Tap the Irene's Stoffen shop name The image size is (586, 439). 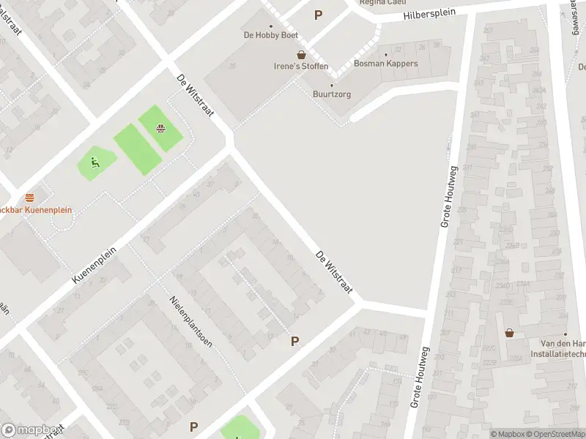click(301, 67)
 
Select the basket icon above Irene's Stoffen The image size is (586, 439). click(301, 55)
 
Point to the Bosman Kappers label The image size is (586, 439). click(385, 64)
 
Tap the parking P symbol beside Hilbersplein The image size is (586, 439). click(318, 15)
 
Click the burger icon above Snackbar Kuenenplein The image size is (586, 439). click(29, 198)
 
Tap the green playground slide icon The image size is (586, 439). click(94, 162)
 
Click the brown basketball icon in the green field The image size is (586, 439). click(160, 130)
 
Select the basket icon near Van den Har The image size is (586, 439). click(509, 333)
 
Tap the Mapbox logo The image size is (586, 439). click(29, 430)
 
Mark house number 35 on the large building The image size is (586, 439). click(232, 67)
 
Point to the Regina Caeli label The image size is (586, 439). click(382, 2)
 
